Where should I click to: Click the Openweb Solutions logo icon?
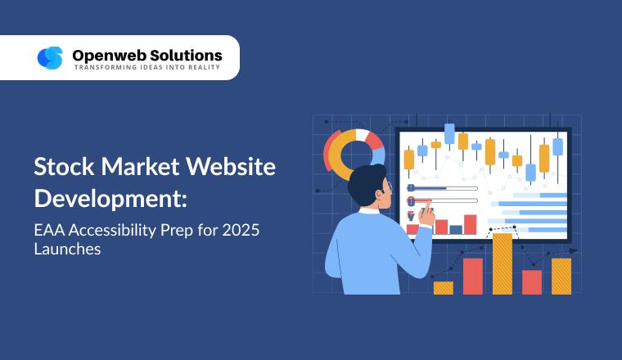[50, 57]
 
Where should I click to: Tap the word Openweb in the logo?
[102, 55]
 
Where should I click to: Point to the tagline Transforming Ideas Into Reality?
[147, 67]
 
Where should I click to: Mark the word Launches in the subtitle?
[67, 250]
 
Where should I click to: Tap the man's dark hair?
[367, 183]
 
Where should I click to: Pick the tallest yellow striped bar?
[502, 263]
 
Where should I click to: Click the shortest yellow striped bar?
[443, 287]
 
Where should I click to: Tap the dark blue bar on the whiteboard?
[456, 229]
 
